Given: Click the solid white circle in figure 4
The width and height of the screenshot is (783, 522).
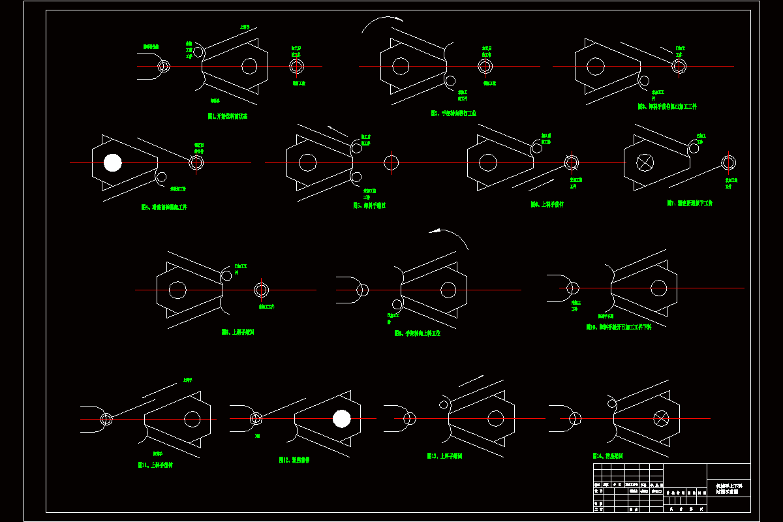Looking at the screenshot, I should [x=113, y=162].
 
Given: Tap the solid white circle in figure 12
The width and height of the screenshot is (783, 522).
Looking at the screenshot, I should [x=341, y=418].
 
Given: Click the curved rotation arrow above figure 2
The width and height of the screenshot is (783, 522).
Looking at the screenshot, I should [x=382, y=23].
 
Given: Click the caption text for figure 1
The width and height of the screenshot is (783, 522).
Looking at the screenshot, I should [x=227, y=116].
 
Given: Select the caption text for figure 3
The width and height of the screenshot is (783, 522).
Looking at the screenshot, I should [x=667, y=106].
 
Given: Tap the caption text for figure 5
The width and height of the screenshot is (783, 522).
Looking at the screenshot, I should [x=369, y=206].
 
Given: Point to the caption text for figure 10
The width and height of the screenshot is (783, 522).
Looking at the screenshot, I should [x=618, y=327].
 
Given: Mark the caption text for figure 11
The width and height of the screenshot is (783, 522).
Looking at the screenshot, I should [x=155, y=465].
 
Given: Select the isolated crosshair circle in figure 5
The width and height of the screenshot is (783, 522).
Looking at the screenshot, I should [x=391, y=162].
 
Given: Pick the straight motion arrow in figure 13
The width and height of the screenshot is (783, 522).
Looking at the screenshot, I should [x=471, y=380].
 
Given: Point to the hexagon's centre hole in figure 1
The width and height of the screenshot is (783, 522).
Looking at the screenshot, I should [x=249, y=66].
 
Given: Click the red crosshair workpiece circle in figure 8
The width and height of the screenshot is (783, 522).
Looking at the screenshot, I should [x=262, y=290].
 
